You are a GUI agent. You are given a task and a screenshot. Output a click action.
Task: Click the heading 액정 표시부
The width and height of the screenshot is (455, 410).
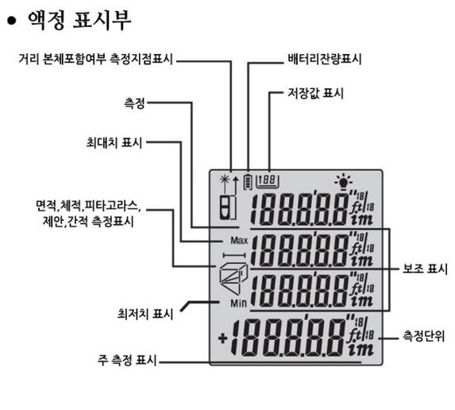pyautogui.click(x=79, y=20)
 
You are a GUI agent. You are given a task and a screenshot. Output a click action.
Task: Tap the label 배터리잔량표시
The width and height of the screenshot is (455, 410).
pyautogui.click(x=325, y=59)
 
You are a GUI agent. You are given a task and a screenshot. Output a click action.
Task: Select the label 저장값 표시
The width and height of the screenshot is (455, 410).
pyautogui.click(x=315, y=93)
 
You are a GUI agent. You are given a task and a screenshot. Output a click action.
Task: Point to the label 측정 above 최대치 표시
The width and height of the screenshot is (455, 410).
pyautogui.click(x=134, y=103)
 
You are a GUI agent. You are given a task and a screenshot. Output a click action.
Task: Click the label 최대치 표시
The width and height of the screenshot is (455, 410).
pyautogui.click(x=114, y=142)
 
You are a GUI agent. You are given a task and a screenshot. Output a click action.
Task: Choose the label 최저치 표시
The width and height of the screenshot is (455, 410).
pyautogui.click(x=145, y=314)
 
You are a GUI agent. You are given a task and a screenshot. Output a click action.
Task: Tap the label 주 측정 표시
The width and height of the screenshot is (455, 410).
pyautogui.click(x=127, y=360)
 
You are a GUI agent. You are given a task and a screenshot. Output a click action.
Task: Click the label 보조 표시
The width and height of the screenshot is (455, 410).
pyautogui.click(x=425, y=269)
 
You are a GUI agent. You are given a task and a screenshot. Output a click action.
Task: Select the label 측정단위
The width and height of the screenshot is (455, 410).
pyautogui.click(x=424, y=336)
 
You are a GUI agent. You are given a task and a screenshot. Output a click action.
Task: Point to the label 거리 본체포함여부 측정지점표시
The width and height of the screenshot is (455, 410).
pyautogui.click(x=96, y=59)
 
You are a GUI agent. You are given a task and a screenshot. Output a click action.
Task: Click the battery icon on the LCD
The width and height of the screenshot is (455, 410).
pyautogui.click(x=248, y=181)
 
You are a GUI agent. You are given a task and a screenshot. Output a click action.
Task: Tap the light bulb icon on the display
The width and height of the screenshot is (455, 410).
pyautogui.click(x=343, y=181)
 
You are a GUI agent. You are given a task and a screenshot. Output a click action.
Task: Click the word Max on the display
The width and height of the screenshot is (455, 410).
pyautogui.click(x=239, y=241)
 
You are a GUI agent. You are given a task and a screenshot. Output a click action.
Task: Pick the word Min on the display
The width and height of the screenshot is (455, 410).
pyautogui.click(x=238, y=304)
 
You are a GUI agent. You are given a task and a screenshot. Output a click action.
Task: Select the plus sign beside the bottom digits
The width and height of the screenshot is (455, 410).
pyautogui.click(x=222, y=338)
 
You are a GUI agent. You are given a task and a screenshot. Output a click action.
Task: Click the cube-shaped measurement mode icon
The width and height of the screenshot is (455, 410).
pyautogui.click(x=233, y=276)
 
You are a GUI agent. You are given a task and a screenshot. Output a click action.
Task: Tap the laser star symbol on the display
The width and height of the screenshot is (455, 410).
pyautogui.click(x=225, y=180)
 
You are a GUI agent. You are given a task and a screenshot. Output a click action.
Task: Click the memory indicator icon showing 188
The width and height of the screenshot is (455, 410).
pyautogui.click(x=268, y=181)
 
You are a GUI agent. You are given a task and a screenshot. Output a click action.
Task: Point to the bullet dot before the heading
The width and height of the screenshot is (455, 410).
pyautogui.click(x=12, y=21)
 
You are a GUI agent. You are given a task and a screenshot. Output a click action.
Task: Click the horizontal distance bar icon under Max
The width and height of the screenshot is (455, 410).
pyautogui.click(x=234, y=255)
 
